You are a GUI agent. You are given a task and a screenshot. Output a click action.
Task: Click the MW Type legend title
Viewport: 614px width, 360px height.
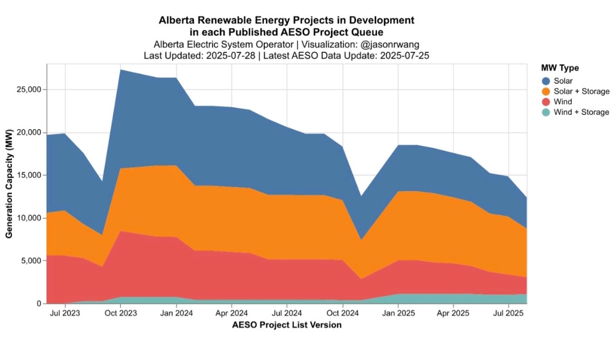560,68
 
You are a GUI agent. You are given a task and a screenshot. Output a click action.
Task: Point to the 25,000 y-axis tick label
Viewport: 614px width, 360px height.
28,90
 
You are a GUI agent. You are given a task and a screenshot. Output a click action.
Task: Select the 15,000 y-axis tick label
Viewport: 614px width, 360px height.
28,175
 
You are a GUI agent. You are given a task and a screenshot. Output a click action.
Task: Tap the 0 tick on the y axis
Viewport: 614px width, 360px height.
39,304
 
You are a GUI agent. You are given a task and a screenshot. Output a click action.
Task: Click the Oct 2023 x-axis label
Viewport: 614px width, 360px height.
121,313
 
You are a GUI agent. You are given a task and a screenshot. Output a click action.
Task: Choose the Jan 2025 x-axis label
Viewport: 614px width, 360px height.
398,313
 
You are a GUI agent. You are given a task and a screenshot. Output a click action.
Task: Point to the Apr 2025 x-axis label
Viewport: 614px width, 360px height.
453,313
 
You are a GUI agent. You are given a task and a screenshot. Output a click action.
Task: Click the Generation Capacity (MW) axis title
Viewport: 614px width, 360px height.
10,184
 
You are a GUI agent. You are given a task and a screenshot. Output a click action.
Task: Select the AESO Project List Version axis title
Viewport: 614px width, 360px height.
287,325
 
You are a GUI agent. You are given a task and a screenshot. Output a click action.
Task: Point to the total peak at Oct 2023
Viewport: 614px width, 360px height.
121,69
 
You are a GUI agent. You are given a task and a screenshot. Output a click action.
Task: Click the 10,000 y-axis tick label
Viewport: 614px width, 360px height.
28,218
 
